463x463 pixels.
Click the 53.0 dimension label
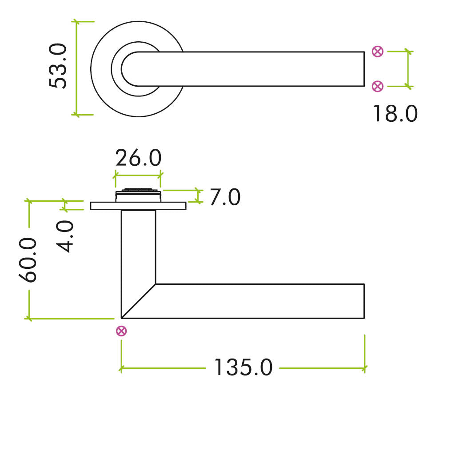[58, 66]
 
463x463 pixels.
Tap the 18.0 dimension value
[395, 114]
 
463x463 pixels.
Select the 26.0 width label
[138, 158]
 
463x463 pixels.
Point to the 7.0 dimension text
[225, 197]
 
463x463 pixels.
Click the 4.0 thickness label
[65, 236]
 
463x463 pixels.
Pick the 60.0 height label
[28, 260]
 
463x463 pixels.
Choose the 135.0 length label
[243, 367]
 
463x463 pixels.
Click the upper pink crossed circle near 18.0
[377, 52]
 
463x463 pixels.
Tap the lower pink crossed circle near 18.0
[377, 87]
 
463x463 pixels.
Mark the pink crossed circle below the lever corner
[121, 331]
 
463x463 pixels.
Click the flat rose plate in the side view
[138, 206]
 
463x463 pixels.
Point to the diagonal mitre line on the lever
[139, 301]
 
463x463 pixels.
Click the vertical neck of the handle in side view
[139, 247]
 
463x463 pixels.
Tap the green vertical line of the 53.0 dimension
[76, 68]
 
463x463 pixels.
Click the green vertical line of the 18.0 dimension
[408, 69]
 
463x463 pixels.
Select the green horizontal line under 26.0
[138, 176]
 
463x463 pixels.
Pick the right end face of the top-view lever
[364, 69]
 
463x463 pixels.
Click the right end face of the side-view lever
[364, 301]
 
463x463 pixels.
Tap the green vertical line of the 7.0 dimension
[199, 196]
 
